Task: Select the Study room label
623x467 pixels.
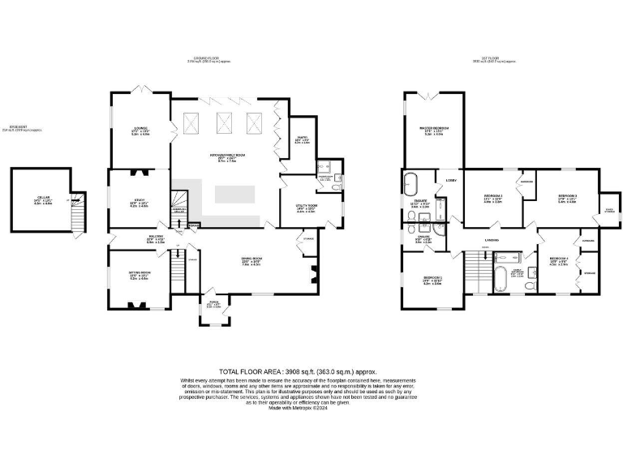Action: (x=140, y=203)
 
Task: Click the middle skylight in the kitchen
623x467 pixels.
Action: (x=221, y=123)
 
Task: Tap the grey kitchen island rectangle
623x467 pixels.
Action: (x=234, y=195)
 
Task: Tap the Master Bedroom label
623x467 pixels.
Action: (x=435, y=131)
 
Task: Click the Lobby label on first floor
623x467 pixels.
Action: (x=450, y=180)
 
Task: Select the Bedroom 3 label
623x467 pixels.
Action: (x=567, y=198)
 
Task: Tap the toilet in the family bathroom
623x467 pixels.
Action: (x=529, y=286)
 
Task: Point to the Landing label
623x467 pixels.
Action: (x=492, y=241)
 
